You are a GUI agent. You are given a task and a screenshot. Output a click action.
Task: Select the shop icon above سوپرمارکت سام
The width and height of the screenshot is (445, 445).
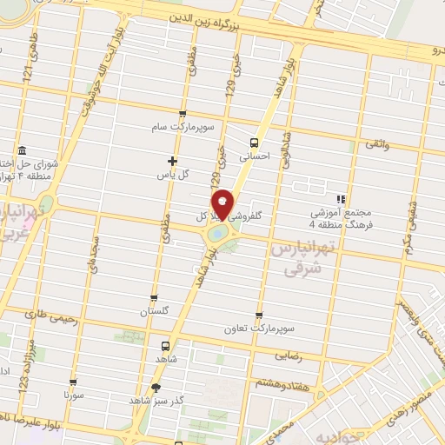click(x=182, y=114)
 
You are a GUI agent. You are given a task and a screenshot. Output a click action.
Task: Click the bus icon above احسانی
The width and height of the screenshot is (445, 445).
click(x=254, y=143)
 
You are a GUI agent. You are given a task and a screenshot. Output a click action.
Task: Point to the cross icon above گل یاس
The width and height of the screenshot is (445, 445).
click(x=172, y=160)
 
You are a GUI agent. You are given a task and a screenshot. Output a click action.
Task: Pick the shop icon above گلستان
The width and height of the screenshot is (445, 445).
click(x=155, y=297)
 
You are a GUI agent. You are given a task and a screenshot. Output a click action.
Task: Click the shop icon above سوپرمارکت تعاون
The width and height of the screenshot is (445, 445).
click(x=258, y=316)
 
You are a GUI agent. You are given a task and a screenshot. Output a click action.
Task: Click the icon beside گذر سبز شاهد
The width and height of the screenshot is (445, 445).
click(x=156, y=389)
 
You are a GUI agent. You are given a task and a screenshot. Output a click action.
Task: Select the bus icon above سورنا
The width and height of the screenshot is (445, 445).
click(x=72, y=381)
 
